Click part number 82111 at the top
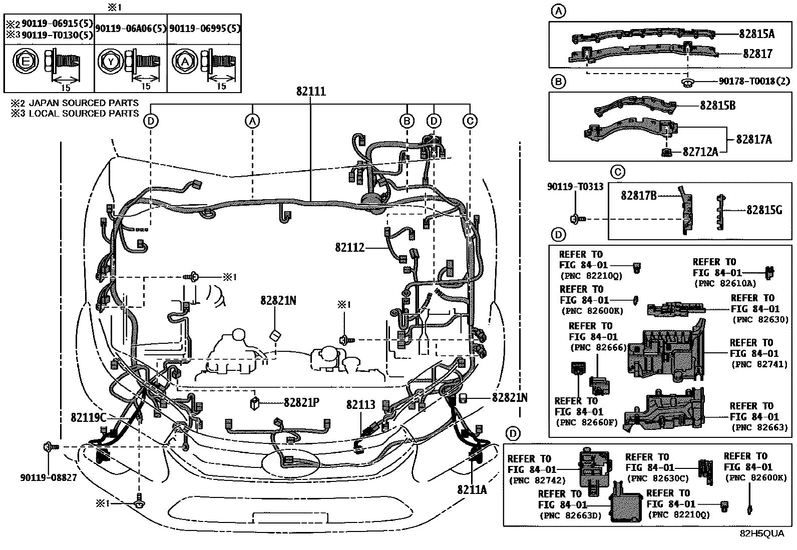point(310,92)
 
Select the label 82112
point(350,247)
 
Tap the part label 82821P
point(301,401)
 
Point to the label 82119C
point(88,416)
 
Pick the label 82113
point(360,404)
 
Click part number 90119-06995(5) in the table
point(204,29)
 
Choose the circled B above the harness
point(407,121)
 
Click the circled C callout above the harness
point(470,121)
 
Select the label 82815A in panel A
point(756,34)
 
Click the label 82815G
point(764,210)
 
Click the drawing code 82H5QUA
point(762,533)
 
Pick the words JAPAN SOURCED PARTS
point(83,103)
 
